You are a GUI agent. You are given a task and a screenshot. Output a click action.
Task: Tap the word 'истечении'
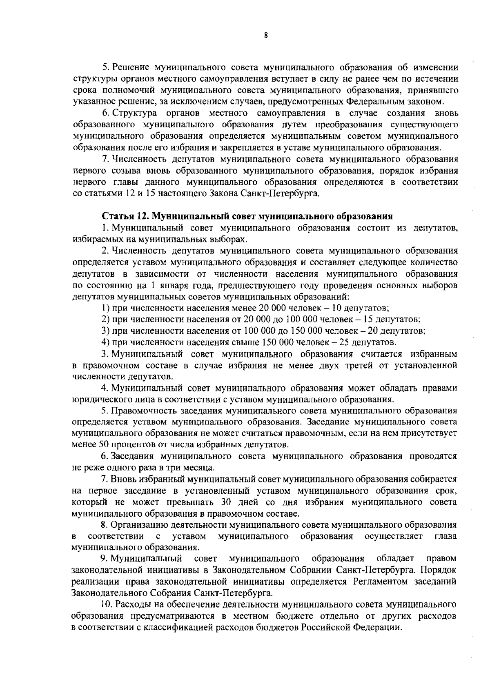click(x=438, y=78)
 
